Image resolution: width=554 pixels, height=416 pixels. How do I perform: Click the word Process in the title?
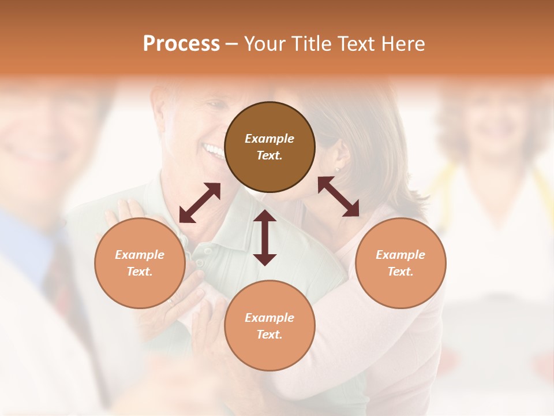181,44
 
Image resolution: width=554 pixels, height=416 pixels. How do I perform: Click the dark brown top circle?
269,147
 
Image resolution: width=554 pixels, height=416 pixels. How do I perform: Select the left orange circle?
140,263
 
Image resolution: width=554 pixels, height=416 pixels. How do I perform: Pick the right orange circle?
400,263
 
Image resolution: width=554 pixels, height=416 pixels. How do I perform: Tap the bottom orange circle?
269,325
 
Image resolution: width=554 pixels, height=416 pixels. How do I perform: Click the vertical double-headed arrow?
265,237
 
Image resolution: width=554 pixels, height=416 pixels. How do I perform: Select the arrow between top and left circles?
200,203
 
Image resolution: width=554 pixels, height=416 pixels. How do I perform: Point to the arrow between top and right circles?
339,196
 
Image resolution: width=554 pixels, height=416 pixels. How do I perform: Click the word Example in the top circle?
269,139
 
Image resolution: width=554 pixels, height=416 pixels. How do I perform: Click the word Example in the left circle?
140,255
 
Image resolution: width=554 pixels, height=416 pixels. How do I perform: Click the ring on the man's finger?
170,301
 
